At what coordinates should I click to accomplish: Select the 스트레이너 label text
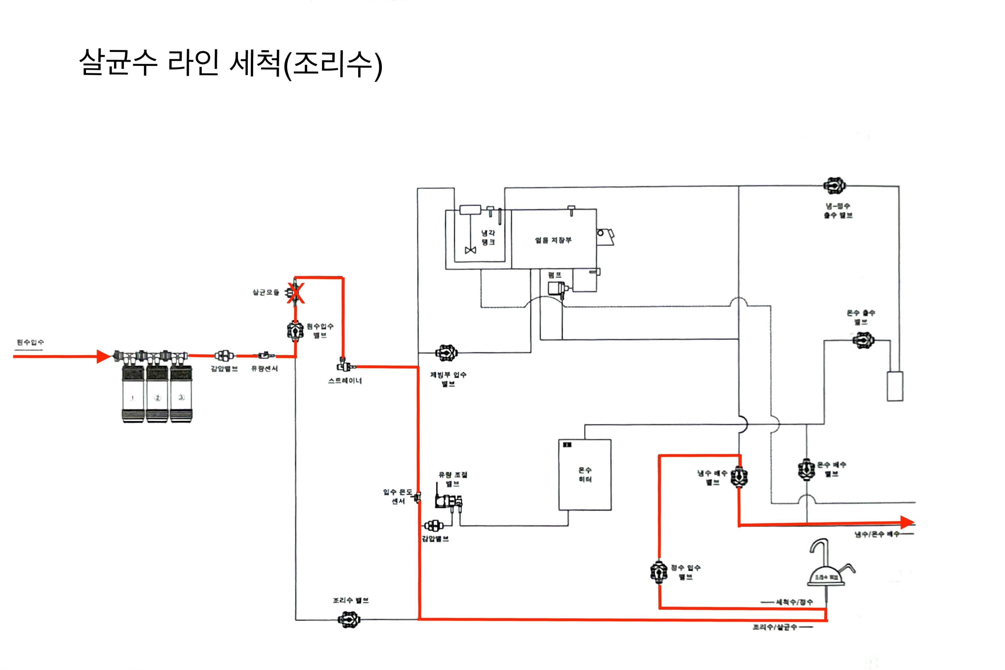coord(345,381)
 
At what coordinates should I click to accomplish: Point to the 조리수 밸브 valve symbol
coord(349,619)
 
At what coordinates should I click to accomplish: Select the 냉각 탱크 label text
coord(488,238)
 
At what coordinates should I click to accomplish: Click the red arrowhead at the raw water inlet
coord(103,356)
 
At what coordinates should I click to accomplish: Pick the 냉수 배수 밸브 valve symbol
coord(739,476)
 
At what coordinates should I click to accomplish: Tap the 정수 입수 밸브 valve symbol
coord(659,572)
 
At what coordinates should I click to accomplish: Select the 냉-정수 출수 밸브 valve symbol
coord(835,186)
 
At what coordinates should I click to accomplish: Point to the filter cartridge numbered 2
coord(157,393)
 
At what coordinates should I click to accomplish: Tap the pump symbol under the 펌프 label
coord(557,288)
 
